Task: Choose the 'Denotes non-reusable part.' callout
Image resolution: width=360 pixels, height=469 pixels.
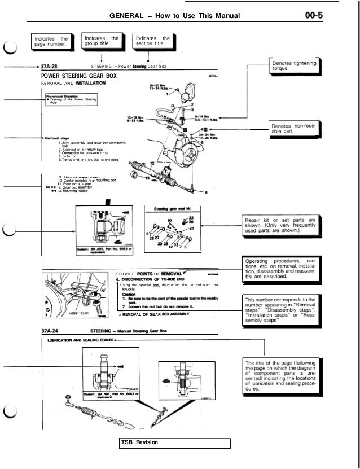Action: point(295,128)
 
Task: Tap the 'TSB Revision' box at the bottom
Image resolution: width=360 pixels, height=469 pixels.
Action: point(175,442)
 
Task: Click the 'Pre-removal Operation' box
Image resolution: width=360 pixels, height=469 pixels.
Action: point(72,100)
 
